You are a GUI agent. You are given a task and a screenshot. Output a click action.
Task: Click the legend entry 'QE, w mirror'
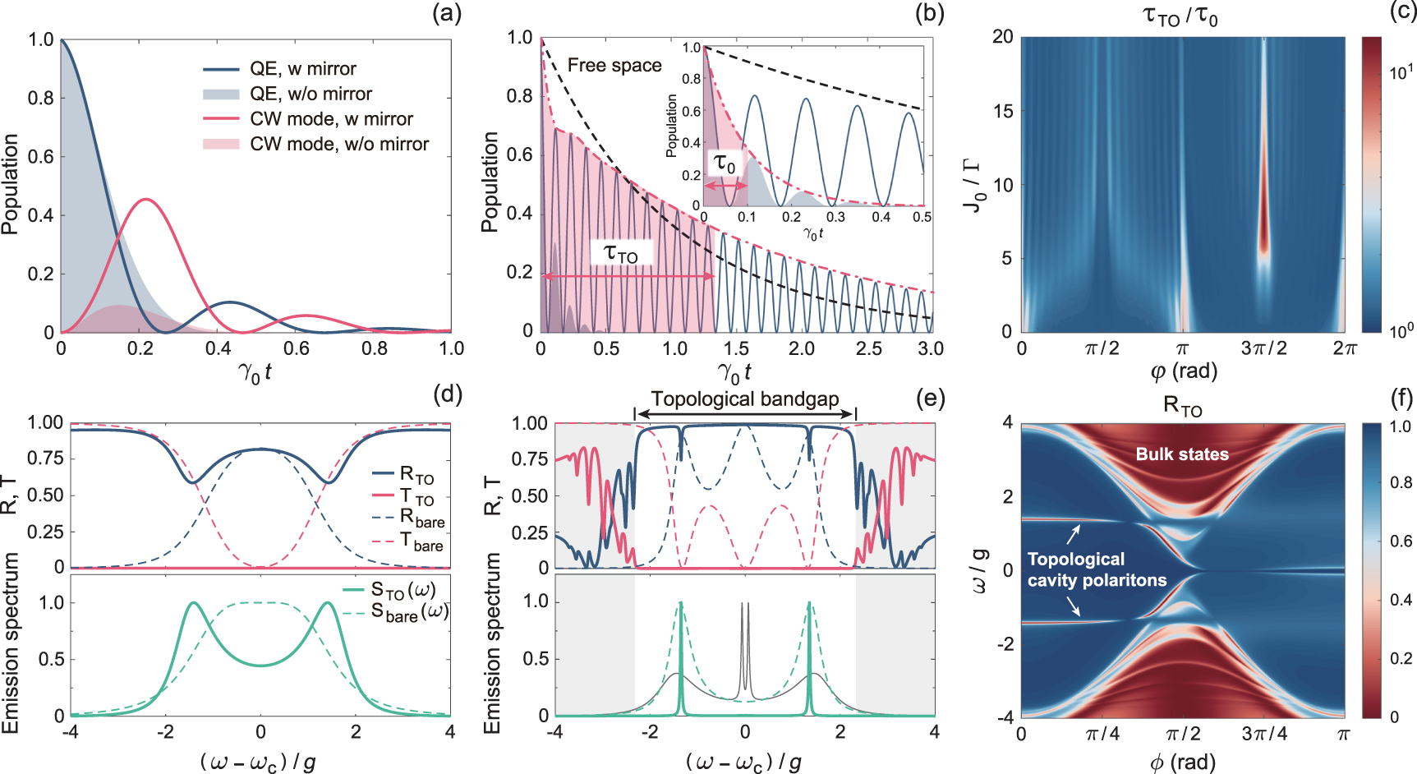point(302,69)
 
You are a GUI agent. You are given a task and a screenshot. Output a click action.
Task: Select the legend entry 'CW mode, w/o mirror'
point(338,145)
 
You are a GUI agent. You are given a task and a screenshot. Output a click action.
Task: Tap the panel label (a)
point(447,13)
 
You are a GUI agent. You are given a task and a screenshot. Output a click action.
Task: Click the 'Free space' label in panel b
point(614,66)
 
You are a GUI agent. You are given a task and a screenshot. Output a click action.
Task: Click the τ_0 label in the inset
point(725,164)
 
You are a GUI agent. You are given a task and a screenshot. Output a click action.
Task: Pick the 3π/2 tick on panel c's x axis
point(1263,348)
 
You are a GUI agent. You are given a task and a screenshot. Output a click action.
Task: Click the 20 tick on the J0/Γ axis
point(1002,37)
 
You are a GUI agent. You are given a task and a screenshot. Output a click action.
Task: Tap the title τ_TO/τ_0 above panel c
point(1180,16)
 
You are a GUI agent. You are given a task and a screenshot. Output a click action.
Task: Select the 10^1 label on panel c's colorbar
point(1401,72)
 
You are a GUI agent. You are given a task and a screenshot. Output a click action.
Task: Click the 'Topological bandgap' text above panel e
point(745,399)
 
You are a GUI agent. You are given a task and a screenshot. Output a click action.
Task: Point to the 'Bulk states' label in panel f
point(1182,454)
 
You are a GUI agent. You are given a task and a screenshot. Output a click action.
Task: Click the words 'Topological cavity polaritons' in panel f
point(1097,569)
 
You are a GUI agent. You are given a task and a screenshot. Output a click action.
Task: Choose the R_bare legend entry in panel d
point(421,518)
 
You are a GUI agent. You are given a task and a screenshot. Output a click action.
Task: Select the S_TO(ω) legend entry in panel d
point(403,590)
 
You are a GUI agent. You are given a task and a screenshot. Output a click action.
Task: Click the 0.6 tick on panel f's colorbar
point(1401,541)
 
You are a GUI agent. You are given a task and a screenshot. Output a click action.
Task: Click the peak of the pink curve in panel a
point(145,199)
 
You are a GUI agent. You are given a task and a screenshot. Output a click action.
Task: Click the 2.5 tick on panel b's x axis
point(869,348)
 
